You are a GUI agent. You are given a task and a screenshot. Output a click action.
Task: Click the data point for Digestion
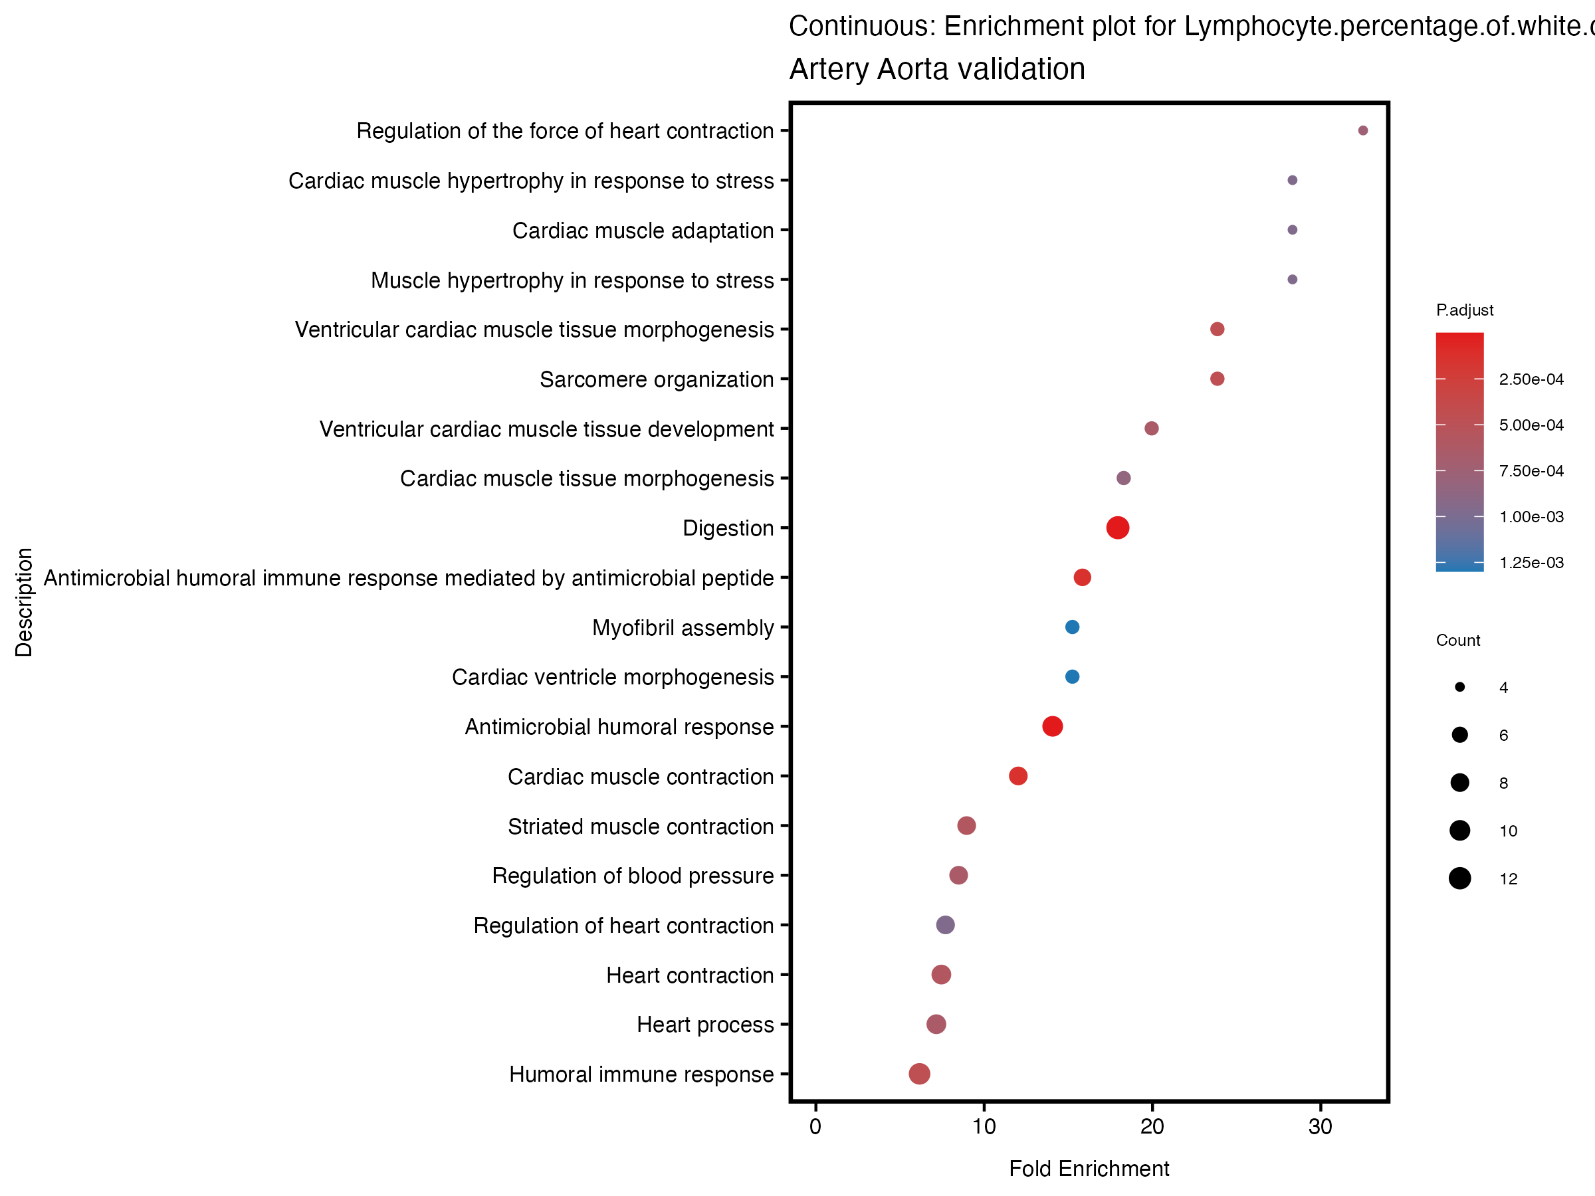[x=1117, y=528]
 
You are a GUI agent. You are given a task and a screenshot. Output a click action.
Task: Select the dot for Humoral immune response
[x=918, y=1074]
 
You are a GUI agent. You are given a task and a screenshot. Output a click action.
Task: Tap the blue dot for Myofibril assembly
[x=1072, y=627]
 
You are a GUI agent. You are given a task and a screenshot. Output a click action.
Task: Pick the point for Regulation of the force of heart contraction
[x=1363, y=130]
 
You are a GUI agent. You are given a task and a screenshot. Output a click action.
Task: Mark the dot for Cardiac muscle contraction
[x=1018, y=775]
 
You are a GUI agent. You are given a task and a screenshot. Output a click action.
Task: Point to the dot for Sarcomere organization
[x=1217, y=379]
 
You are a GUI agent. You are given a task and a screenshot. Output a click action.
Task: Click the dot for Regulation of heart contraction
[x=945, y=925]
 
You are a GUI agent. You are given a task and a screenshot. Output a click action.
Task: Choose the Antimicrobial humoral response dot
[x=1052, y=726]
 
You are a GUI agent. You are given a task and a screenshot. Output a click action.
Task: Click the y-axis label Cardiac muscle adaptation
[x=643, y=231]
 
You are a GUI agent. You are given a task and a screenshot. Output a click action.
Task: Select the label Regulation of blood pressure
[x=633, y=876]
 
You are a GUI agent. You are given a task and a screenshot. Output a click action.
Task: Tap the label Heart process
[x=704, y=1025]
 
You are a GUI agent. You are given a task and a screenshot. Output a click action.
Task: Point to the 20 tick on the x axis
[x=1152, y=1127]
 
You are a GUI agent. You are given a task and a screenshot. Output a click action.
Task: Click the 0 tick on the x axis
[x=815, y=1127]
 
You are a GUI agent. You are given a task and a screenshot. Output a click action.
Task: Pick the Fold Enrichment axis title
[x=1089, y=1169]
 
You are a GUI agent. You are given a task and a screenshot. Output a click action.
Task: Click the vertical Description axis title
[x=24, y=602]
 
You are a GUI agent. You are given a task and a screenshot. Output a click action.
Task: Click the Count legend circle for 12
[x=1459, y=879]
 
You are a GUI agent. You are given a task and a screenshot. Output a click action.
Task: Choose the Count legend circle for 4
[x=1459, y=687]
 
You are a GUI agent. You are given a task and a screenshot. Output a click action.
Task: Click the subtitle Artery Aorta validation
[x=936, y=69]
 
